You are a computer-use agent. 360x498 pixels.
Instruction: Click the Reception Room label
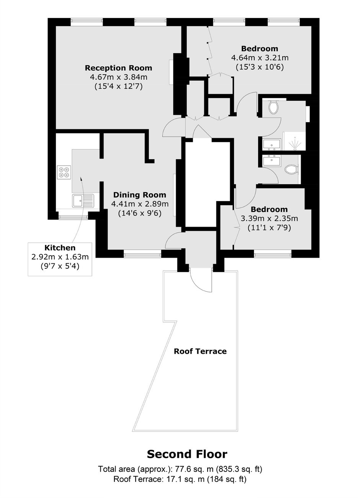point(118,68)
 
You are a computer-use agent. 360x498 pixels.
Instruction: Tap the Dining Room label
point(140,195)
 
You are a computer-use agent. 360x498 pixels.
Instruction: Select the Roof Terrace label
point(200,351)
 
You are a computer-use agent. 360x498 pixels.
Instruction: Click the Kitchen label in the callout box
point(60,248)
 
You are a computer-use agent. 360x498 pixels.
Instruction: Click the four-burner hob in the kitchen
point(64,172)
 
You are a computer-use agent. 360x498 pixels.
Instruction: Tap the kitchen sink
point(83,201)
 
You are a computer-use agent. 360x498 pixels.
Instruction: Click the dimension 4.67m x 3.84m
point(119,77)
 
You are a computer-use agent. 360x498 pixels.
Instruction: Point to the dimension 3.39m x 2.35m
point(269,219)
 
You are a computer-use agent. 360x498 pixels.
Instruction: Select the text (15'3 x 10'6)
point(260,67)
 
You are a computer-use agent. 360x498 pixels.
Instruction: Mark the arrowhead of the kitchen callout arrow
point(80,178)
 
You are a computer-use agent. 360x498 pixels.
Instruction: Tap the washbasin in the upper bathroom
point(272,144)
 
